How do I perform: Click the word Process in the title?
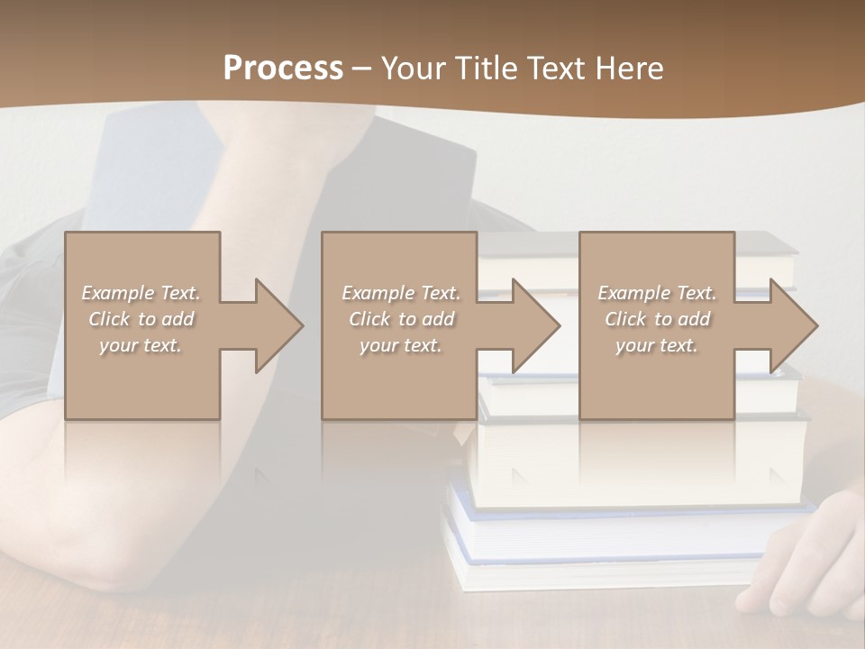tap(283, 69)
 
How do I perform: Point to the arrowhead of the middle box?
tap(534, 325)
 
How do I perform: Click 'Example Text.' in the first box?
tap(141, 293)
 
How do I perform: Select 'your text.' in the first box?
tap(141, 345)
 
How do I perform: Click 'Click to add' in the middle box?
tap(401, 319)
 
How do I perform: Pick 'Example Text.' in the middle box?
tap(401, 293)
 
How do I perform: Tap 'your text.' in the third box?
tap(657, 345)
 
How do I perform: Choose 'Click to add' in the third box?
tap(657, 319)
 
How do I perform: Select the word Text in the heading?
tap(558, 69)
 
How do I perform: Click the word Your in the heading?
tap(414, 69)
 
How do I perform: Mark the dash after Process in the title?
tap(362, 69)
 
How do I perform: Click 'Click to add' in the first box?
tap(141, 319)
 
